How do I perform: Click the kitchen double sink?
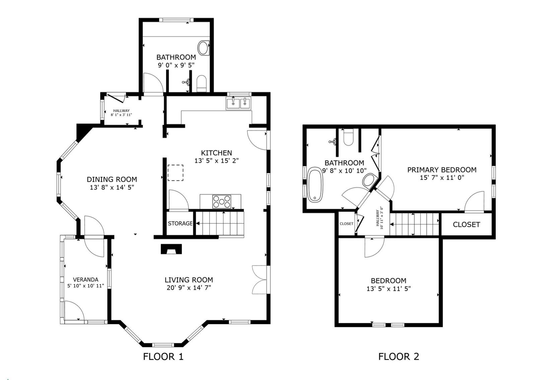point(238,103)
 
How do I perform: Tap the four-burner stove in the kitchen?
point(222,202)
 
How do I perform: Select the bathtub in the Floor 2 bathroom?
point(315,185)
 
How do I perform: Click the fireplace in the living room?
point(171,249)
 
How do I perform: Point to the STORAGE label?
point(180,223)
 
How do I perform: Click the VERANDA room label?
point(86,280)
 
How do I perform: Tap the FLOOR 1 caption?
point(163,357)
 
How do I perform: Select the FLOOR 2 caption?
point(399,357)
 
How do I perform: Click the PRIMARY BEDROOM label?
point(442,170)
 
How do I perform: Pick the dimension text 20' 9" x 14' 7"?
point(189,288)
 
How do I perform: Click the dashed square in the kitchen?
point(175,173)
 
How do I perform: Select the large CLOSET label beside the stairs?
point(466,225)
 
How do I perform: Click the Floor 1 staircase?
point(219,223)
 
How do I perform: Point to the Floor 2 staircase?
point(414,224)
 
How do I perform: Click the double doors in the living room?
point(261,280)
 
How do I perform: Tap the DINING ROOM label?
point(112,180)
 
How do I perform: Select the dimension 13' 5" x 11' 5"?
point(389,289)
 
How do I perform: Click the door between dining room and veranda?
point(94,237)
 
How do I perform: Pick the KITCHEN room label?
point(216,153)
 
